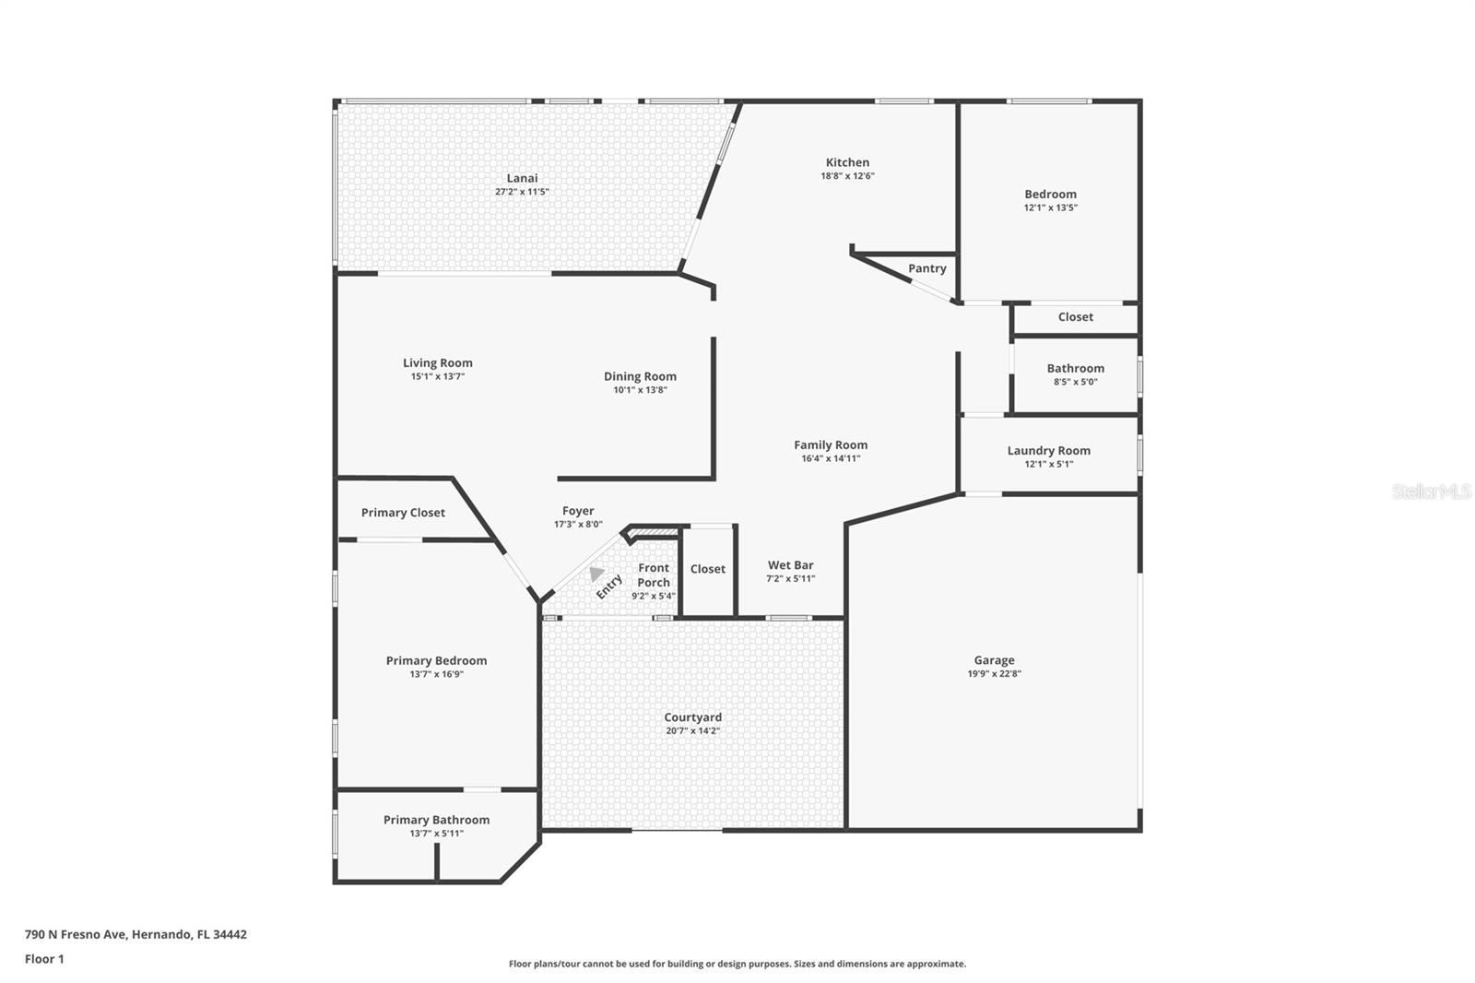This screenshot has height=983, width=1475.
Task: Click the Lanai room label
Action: coord(522,178)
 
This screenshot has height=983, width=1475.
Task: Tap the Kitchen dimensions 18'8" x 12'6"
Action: coord(847,176)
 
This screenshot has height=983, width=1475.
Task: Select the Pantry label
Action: coord(926,268)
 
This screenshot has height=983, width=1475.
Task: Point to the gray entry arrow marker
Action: coord(596,574)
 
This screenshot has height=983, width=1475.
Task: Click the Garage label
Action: coord(994,660)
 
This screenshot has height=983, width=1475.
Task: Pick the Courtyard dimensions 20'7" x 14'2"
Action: coord(692,730)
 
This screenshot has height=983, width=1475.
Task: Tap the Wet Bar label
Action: coord(790,565)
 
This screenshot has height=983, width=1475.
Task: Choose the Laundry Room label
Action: coord(1048,451)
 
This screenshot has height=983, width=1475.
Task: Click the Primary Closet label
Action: coord(403,513)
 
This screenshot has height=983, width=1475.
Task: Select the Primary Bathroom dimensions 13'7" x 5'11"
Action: coord(437,834)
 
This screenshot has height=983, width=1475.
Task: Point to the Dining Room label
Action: coord(640,376)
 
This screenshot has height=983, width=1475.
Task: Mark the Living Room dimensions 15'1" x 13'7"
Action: coord(438,377)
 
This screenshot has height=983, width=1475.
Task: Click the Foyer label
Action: coord(578,511)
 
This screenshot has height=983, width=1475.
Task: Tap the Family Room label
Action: coord(831,444)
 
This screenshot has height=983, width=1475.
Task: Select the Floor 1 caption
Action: coord(44,959)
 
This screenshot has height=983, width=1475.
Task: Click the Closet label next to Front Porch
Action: coord(707,569)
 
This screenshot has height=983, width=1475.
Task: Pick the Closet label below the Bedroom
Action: coord(1075,317)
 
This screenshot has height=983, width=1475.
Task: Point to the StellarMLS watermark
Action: coord(1431,491)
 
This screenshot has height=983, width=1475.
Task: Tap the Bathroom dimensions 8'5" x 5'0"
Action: coord(1075,382)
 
